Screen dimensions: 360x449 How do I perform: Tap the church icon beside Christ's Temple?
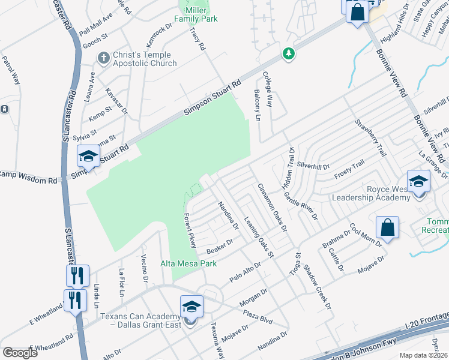(x=103, y=58)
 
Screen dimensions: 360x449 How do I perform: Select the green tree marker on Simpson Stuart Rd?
(x=289, y=54)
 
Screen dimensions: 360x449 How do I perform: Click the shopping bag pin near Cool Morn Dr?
(x=388, y=228)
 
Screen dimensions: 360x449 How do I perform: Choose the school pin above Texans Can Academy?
(x=191, y=307)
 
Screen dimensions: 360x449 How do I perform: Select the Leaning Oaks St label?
(x=258, y=238)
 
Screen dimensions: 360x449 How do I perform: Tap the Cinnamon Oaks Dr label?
(x=273, y=208)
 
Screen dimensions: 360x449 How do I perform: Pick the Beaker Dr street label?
(x=219, y=246)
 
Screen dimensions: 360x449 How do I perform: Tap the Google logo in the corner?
(x=20, y=353)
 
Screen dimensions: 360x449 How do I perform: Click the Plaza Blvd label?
(x=258, y=316)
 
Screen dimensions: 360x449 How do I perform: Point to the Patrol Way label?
(x=11, y=70)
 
